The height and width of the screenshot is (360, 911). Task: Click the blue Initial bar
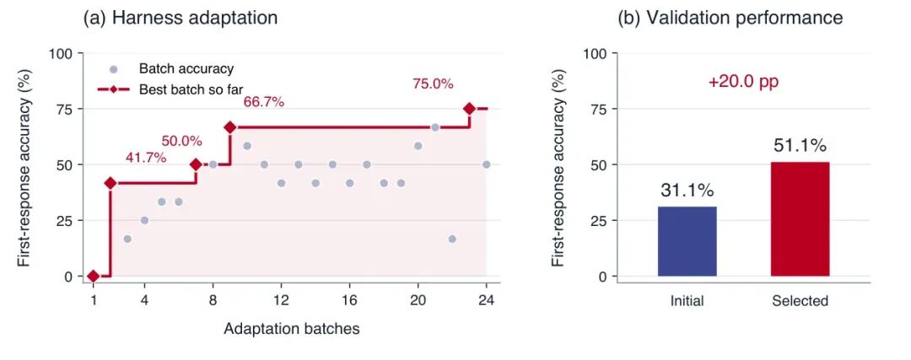point(687,241)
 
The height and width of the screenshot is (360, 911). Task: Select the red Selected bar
point(800,219)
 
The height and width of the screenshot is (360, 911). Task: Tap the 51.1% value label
point(800,146)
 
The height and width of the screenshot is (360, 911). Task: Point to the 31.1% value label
point(687,190)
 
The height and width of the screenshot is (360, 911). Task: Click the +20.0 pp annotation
point(743,82)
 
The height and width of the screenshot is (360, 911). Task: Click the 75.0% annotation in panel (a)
point(433,83)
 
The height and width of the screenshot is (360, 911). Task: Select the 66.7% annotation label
point(264,102)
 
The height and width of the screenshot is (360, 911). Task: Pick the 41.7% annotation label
point(146,158)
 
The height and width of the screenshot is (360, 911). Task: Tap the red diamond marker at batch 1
point(93,277)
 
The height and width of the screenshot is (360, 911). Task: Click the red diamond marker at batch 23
point(469,109)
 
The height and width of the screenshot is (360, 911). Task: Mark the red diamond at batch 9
point(230,127)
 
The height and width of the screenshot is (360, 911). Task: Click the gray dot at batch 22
point(452,239)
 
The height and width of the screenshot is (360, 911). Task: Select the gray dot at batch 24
point(487,164)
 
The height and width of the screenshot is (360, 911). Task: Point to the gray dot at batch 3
point(127,239)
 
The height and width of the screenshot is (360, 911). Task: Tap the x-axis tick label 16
point(349,301)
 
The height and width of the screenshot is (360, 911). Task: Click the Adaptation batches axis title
point(292,329)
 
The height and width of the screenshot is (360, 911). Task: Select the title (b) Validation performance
point(730,18)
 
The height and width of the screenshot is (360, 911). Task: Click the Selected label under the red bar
point(800,301)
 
